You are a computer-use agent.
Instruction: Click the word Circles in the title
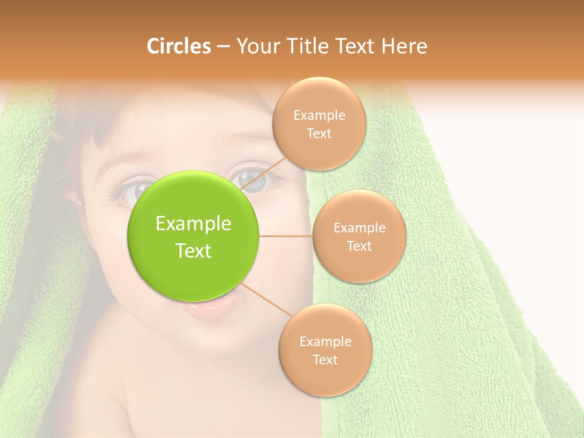tap(178, 46)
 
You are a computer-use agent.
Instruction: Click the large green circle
tap(193, 236)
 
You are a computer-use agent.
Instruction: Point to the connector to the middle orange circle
tap(286, 236)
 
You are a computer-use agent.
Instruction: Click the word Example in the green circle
tap(193, 224)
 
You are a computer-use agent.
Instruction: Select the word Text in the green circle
tap(193, 251)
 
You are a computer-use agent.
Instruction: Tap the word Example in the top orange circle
tap(319, 116)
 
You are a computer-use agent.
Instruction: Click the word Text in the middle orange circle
tap(359, 246)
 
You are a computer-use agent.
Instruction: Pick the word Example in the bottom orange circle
tap(325, 341)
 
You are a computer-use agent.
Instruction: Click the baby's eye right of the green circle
tap(255, 178)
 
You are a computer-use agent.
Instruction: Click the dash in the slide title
tap(223, 47)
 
